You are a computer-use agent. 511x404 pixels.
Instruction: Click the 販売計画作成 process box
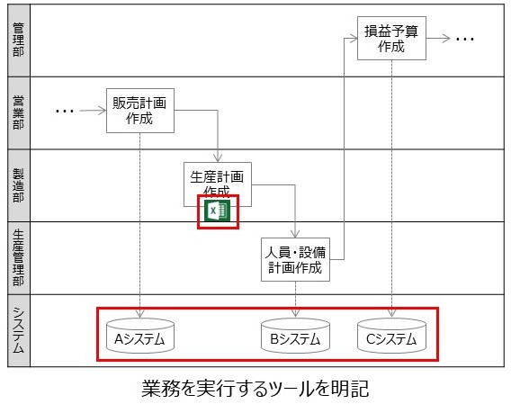pos(140,111)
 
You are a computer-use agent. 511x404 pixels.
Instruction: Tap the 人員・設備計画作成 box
pos(295,259)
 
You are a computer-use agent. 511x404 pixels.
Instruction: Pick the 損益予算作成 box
pos(391,38)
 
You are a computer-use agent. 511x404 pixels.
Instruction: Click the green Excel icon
pos(217,211)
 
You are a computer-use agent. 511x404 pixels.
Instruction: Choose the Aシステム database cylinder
pos(140,336)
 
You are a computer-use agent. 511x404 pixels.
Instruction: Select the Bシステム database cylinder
pos(295,336)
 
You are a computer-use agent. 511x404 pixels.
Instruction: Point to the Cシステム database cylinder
pos(391,336)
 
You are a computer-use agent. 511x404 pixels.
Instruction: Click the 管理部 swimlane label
pos(19,40)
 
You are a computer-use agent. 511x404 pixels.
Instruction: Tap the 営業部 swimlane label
pos(19,112)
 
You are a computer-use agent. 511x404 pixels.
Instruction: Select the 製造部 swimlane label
pos(19,185)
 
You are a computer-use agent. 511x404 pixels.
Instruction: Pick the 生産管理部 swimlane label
pos(19,257)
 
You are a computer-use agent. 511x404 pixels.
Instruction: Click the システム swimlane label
pos(19,330)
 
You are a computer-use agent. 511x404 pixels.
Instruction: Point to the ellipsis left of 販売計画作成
pos(65,112)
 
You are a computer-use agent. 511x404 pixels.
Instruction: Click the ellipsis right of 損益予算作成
pos(465,39)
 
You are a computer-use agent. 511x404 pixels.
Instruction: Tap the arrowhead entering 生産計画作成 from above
pos(218,157)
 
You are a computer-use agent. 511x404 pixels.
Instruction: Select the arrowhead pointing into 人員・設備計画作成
pos(295,233)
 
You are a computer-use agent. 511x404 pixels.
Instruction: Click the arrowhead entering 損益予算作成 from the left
pos(354,39)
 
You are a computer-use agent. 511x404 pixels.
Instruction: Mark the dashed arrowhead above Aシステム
pos(139,314)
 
